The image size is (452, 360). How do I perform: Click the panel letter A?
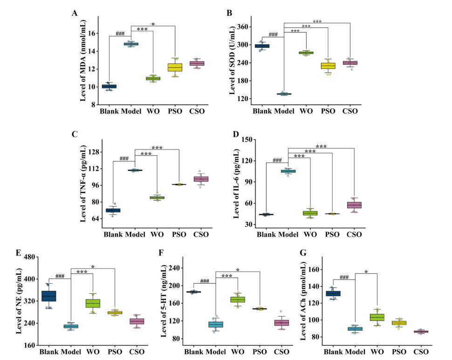point(75,13)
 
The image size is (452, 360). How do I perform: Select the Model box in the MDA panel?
point(130,44)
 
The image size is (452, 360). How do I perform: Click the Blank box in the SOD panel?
point(262,46)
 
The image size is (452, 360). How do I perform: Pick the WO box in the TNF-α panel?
point(157,197)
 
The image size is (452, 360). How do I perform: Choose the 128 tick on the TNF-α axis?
point(95,152)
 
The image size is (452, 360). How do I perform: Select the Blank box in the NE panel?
point(49,295)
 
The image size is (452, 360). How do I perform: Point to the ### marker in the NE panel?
point(60,276)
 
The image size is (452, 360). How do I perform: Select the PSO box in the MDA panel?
point(175,67)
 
